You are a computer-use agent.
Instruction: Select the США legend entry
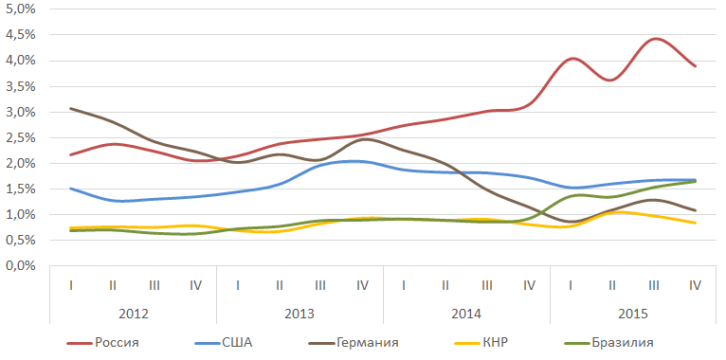point(224,343)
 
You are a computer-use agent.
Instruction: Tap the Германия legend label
point(354,343)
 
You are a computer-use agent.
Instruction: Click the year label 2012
point(134,314)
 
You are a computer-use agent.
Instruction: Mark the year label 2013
point(300,314)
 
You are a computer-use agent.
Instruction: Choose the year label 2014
point(466,314)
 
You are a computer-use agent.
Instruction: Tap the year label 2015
point(633,314)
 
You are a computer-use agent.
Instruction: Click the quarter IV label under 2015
point(696,285)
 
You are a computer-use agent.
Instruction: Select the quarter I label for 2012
point(70,285)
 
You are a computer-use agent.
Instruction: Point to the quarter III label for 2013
point(320,285)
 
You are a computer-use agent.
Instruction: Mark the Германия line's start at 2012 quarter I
point(70,108)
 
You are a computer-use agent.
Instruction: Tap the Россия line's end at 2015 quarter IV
point(696,65)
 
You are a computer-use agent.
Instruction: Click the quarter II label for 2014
point(445,285)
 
